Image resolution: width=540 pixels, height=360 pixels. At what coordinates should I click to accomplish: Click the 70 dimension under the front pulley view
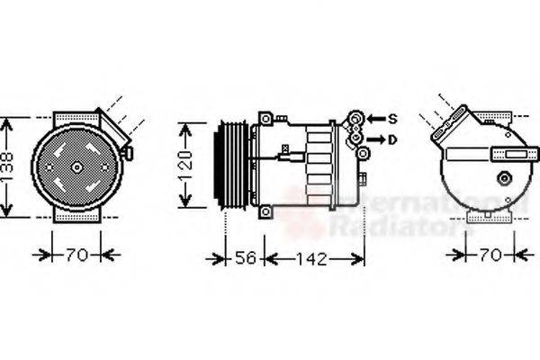76,256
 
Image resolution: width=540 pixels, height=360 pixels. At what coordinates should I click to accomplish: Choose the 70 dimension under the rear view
489,256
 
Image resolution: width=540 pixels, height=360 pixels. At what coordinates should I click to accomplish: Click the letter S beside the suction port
393,119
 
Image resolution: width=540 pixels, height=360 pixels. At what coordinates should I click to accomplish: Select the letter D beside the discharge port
393,139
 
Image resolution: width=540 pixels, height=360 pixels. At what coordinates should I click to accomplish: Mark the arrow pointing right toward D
376,139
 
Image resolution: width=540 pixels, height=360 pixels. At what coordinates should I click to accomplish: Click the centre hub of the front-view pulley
76,166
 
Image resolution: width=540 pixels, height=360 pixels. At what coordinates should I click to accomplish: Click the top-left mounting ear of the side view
265,118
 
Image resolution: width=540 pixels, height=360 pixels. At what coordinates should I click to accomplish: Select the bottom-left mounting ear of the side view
265,213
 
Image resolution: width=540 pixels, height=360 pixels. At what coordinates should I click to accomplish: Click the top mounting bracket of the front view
76,118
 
